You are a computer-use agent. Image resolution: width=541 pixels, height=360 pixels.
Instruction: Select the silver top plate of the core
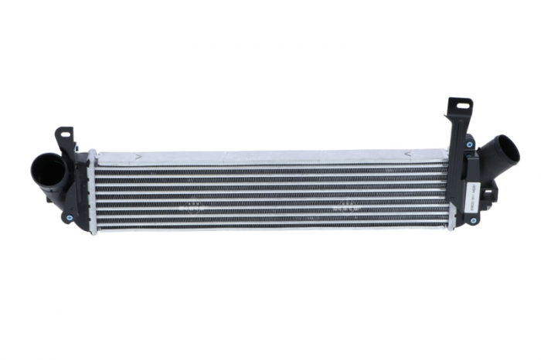click(270, 156)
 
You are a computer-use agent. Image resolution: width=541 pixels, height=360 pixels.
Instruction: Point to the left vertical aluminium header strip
click(93, 193)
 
